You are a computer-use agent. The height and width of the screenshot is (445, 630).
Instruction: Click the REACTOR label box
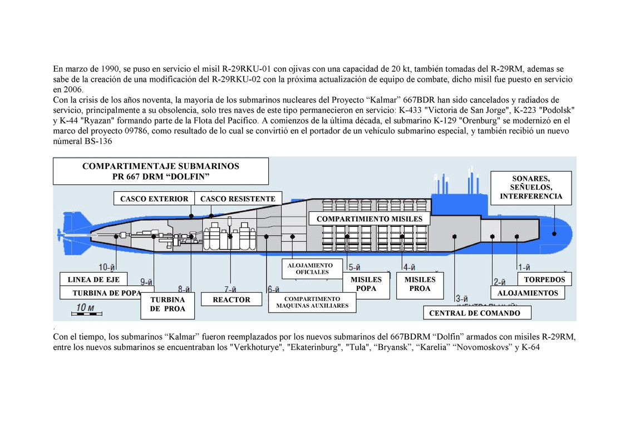click(x=232, y=300)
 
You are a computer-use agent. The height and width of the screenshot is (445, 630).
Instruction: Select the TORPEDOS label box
click(x=544, y=279)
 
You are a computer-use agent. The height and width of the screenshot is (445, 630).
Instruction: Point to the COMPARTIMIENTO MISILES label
click(x=369, y=219)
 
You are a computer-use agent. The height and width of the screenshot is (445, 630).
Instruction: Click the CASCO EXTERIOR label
click(x=154, y=199)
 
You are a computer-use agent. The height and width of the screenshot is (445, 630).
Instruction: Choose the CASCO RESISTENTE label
click(x=238, y=199)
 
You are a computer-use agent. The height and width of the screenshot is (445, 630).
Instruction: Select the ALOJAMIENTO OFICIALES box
click(x=310, y=269)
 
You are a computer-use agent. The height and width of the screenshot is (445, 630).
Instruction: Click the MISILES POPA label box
click(x=366, y=284)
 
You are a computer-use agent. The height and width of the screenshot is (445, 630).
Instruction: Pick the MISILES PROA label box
click(x=420, y=284)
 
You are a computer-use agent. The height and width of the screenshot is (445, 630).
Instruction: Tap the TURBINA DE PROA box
click(x=167, y=304)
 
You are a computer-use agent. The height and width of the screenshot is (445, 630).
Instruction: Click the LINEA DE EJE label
click(x=93, y=279)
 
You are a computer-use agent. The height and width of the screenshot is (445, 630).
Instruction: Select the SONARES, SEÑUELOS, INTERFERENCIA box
click(x=531, y=187)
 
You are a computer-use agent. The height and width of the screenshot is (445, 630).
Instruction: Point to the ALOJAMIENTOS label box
click(x=528, y=293)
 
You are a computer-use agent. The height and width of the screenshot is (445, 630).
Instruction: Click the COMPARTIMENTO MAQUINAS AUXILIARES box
click(x=312, y=302)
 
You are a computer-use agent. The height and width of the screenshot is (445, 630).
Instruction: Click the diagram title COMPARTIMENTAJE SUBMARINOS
click(x=160, y=166)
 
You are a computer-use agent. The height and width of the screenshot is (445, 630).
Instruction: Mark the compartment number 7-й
click(x=230, y=289)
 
